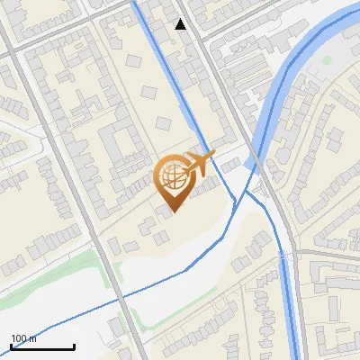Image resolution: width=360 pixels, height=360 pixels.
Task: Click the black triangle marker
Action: (181, 24)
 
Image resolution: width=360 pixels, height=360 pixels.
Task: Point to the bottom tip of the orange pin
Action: (172, 211)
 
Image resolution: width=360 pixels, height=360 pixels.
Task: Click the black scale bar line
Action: (42, 346)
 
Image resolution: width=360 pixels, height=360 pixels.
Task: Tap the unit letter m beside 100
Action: (33, 338)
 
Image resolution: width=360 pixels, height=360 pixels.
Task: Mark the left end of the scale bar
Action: (11, 346)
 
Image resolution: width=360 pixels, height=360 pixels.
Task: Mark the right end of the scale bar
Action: (74, 346)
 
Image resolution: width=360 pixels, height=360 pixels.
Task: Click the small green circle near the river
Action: (328, 60)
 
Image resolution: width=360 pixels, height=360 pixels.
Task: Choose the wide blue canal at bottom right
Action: (290, 297)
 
